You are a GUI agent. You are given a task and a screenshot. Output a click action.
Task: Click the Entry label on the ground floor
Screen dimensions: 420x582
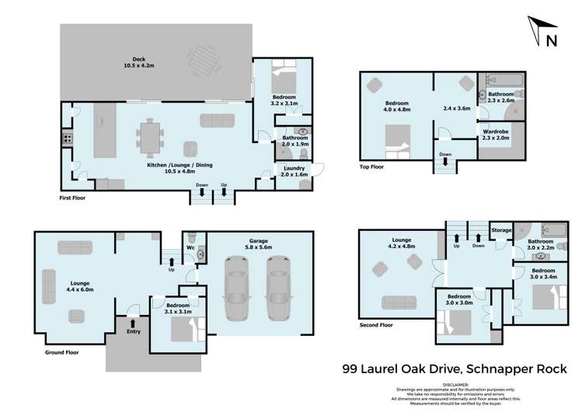(x=134, y=331)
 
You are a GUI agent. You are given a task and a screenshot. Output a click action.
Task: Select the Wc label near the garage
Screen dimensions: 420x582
(x=190, y=247)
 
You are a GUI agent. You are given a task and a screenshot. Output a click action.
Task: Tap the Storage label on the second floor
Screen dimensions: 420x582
(x=501, y=230)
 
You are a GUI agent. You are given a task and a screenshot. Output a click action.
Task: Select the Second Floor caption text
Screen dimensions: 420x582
(x=376, y=325)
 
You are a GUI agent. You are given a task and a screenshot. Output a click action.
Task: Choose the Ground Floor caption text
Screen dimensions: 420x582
(x=53, y=352)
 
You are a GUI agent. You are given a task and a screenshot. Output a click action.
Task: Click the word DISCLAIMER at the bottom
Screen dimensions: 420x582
(x=455, y=384)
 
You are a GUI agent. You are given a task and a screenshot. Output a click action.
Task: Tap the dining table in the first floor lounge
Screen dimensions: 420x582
(x=151, y=138)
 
